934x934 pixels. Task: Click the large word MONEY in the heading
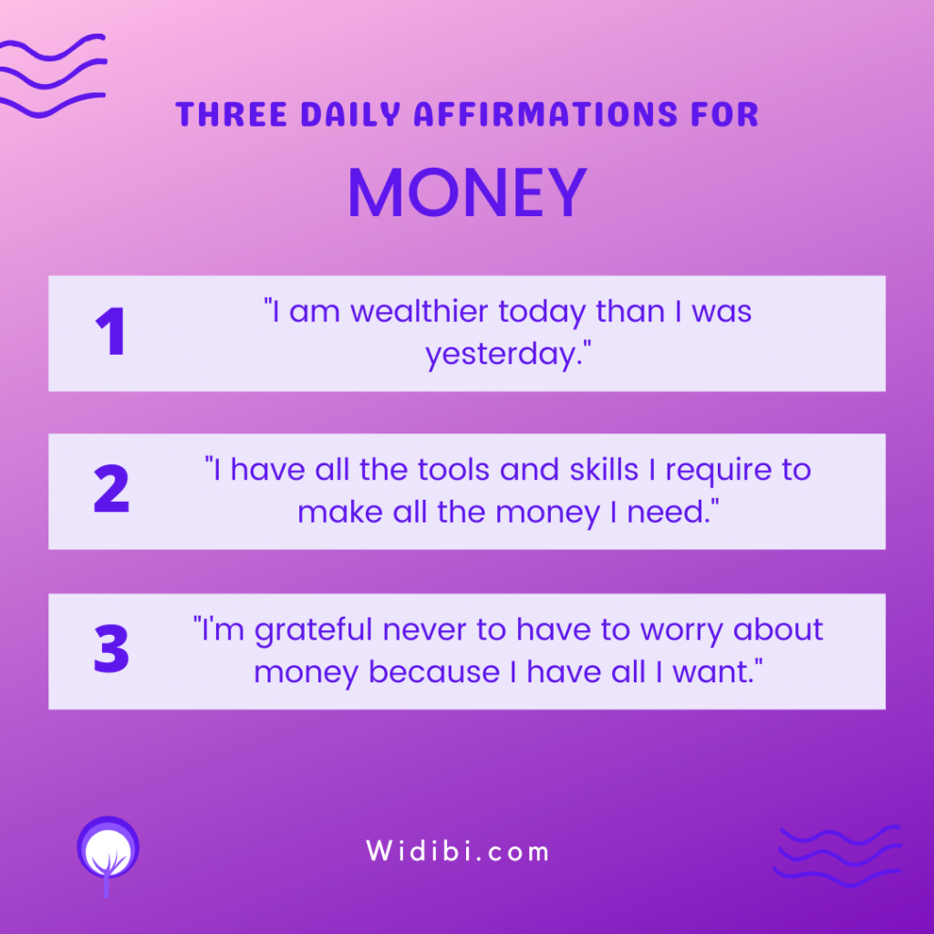[x=468, y=192]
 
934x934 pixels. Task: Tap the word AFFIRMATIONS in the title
[x=545, y=114]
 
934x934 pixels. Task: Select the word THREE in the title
[x=232, y=114]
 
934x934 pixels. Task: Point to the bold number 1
[x=110, y=331]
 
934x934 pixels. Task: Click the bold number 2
[x=111, y=488]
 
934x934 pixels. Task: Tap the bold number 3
[x=111, y=649]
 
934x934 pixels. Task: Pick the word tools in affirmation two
[x=453, y=470]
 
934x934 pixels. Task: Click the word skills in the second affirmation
[x=604, y=470]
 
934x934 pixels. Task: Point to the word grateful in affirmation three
[x=314, y=631]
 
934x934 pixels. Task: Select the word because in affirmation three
[x=434, y=672]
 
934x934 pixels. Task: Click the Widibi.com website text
[x=457, y=851]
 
